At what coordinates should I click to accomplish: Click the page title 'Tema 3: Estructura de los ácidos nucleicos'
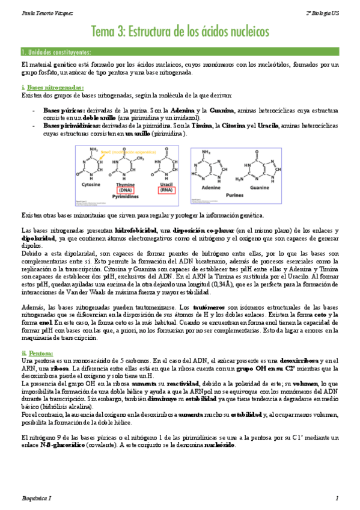click(x=180, y=31)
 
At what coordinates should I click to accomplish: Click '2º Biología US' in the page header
click(x=323, y=11)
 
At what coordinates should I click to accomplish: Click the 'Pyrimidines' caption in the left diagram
click(x=130, y=196)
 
